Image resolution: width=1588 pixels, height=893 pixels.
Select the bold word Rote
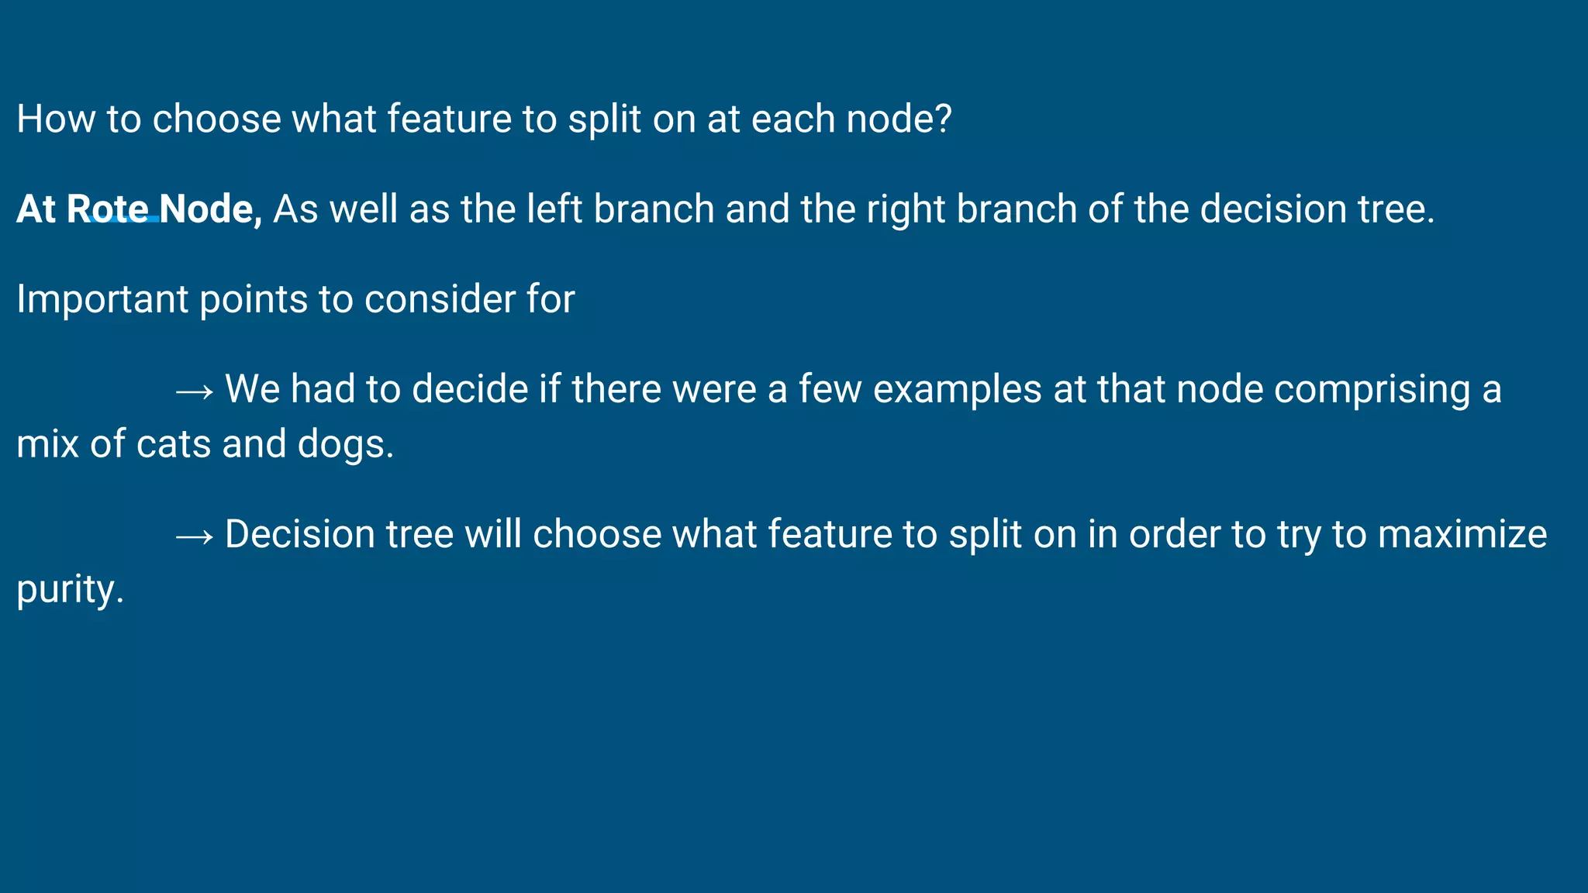coord(108,209)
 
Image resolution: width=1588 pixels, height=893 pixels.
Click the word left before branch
coord(554,209)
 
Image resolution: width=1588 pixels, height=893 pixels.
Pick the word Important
coord(102,299)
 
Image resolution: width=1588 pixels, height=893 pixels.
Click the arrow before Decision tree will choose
coord(194,536)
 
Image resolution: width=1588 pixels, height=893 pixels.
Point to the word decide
coord(470,389)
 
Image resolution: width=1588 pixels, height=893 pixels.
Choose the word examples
coord(957,389)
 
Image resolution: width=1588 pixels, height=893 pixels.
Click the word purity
coord(70,590)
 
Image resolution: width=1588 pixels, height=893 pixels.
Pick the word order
coord(1174,535)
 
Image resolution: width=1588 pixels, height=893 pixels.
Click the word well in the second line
coord(364,209)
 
